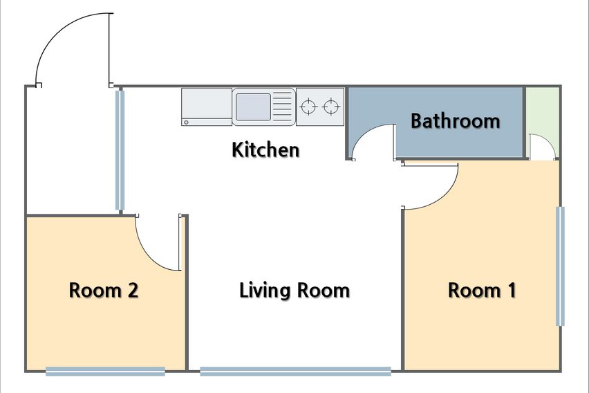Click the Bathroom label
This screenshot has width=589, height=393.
coord(456,120)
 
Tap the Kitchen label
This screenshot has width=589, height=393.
coord(265,149)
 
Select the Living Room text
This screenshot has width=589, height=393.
coord(294,291)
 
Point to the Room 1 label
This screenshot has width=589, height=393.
coord(482,291)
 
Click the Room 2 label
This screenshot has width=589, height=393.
coord(104,291)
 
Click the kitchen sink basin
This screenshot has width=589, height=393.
coord(253,107)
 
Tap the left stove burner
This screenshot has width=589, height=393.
coord(308,107)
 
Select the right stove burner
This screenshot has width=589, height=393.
coord(331,107)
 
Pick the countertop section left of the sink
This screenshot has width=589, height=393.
coord(207,107)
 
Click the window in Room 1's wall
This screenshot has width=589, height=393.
coord(560,266)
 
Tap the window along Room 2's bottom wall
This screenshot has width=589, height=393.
coord(106,372)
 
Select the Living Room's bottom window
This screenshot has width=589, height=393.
coord(296,372)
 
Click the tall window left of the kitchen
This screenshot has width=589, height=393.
coord(120,150)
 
